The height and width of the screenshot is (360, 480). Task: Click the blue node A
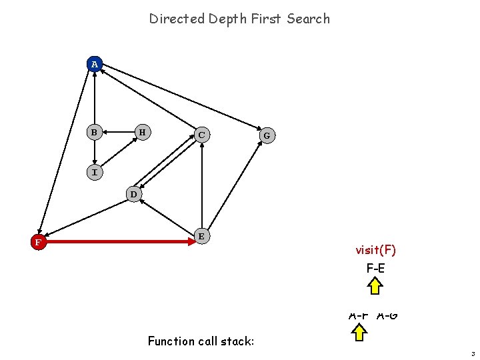[95, 64]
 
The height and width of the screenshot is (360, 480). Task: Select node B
[95, 132]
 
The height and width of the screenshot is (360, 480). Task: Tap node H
[142, 132]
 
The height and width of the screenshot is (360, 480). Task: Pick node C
[201, 135]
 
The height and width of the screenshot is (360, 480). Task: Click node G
[267, 135]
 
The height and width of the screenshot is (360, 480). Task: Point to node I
[95, 173]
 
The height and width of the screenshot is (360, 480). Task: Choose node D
[134, 194]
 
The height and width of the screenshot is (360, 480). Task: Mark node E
[201, 235]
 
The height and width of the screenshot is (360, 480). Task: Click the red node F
[39, 242]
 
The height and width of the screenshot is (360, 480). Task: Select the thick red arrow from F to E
[120, 242]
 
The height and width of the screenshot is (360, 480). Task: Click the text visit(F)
[375, 250]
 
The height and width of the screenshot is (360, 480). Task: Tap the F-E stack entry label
[375, 269]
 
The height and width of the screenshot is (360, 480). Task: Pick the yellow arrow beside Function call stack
[359, 331]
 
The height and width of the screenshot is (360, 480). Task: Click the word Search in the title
[308, 19]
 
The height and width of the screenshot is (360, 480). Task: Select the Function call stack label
[201, 341]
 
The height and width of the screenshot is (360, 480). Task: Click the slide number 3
[471, 353]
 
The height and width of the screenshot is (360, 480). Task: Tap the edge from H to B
[119, 132]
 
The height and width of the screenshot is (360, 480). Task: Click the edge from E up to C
[201, 187]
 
